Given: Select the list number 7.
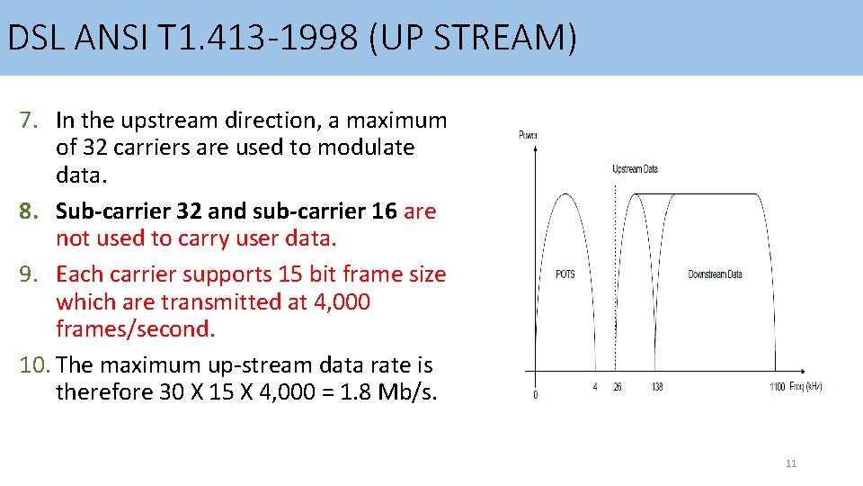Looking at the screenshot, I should tap(31, 120).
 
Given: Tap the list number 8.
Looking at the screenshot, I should tap(31, 211).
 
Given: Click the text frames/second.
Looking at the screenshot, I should tap(136, 329).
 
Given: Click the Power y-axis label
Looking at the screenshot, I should tap(528, 135).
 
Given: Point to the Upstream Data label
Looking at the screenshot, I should tap(635, 169).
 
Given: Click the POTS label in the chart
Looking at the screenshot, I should tap(565, 274).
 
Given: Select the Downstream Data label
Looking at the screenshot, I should tap(715, 274).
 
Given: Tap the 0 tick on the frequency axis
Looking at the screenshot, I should tap(536, 394).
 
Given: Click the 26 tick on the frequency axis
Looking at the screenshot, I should tap(617, 387).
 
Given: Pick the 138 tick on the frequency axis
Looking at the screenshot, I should tap(657, 387).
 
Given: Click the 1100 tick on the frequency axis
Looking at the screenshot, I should tap(777, 387).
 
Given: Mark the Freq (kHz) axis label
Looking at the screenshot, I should tap(805, 387).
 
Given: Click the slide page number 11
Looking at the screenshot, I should tap(791, 463).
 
